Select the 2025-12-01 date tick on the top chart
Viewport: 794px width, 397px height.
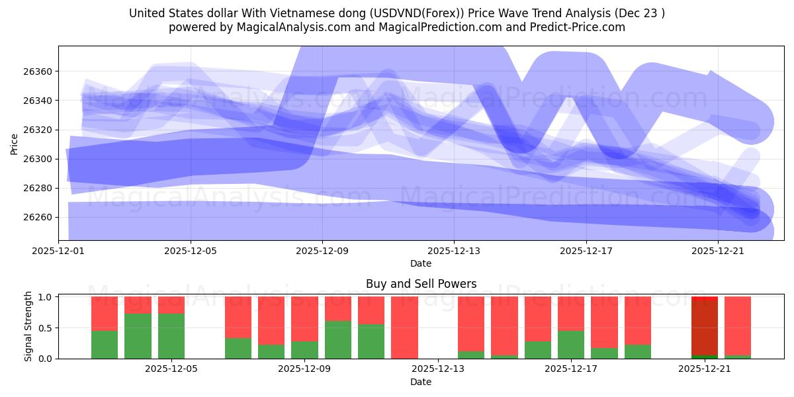[59, 251]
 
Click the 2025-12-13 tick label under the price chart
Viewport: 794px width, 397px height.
[454, 251]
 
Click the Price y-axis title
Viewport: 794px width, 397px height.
[15, 143]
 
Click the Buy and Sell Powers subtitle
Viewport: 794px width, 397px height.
[421, 284]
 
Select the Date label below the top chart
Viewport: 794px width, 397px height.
[421, 263]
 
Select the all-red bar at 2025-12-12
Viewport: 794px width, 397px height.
[404, 328]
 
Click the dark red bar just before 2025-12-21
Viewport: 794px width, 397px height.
[705, 328]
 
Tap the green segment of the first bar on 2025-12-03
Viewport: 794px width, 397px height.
[105, 344]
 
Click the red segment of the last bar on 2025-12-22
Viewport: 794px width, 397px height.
[738, 324]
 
